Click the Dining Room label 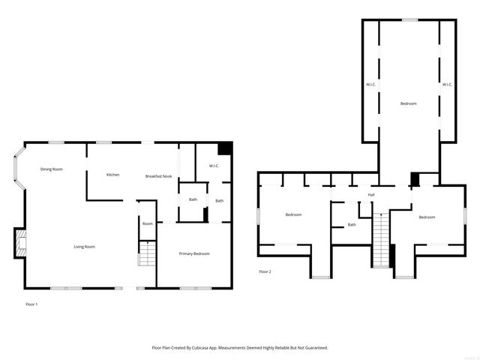pyautogui.click(x=52, y=169)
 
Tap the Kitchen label pyautogui.click(x=112, y=175)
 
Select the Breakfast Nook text pyautogui.click(x=158, y=175)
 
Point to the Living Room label pyautogui.click(x=84, y=247)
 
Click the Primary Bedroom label pyautogui.click(x=194, y=253)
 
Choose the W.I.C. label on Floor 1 pyautogui.click(x=213, y=166)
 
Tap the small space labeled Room pyautogui.click(x=148, y=223)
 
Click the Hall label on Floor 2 pyautogui.click(x=371, y=195)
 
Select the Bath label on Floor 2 pyautogui.click(x=352, y=225)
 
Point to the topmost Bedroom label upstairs pyautogui.click(x=408, y=103)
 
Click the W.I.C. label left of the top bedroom pyautogui.click(x=370, y=84)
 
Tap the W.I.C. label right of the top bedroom pyautogui.click(x=447, y=84)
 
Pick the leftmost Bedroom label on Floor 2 pyautogui.click(x=293, y=215)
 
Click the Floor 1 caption pyautogui.click(x=31, y=304)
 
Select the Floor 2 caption pyautogui.click(x=265, y=271)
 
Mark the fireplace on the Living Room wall pyautogui.click(x=22, y=242)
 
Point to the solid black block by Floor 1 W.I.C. pyautogui.click(x=225, y=148)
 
